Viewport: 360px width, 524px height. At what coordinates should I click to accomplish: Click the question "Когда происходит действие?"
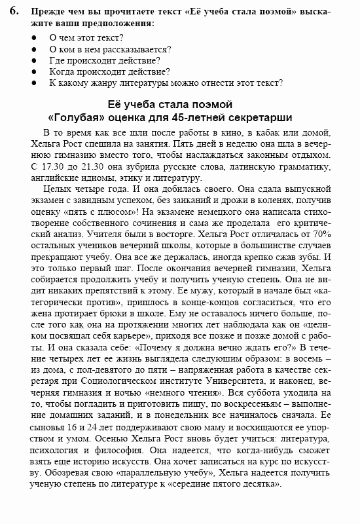tap(109, 71)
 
